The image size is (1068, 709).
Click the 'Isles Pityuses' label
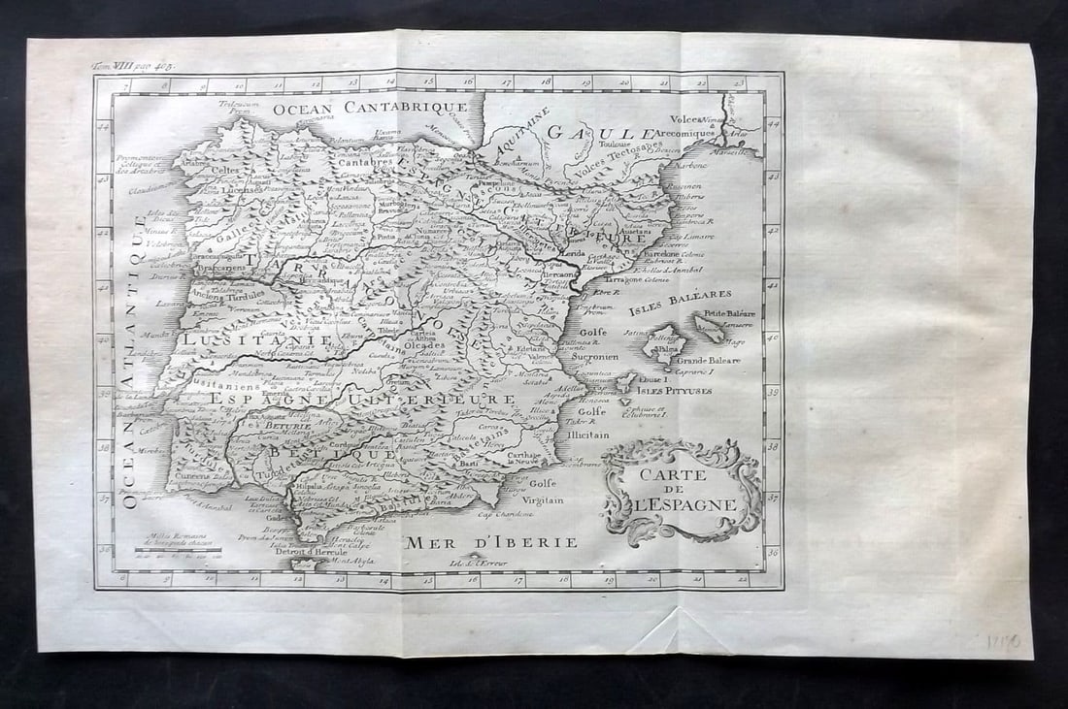(x=675, y=390)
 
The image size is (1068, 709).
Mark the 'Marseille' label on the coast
(x=737, y=151)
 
